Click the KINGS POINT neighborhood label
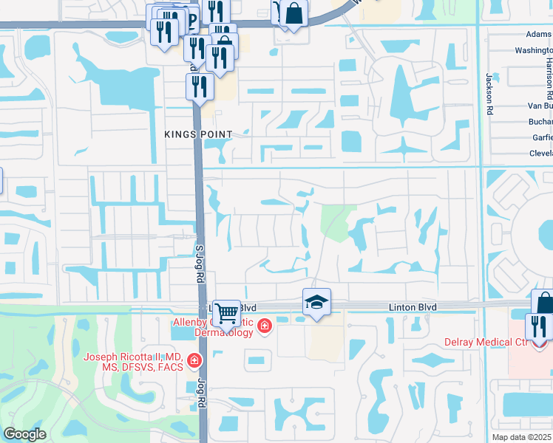(199, 134)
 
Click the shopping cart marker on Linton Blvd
(226, 312)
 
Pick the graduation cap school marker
(316, 302)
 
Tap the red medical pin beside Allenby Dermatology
(264, 326)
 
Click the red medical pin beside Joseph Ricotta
(194, 360)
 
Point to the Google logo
(25, 434)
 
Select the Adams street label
(538, 34)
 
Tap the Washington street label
(534, 51)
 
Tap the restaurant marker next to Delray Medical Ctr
(537, 326)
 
